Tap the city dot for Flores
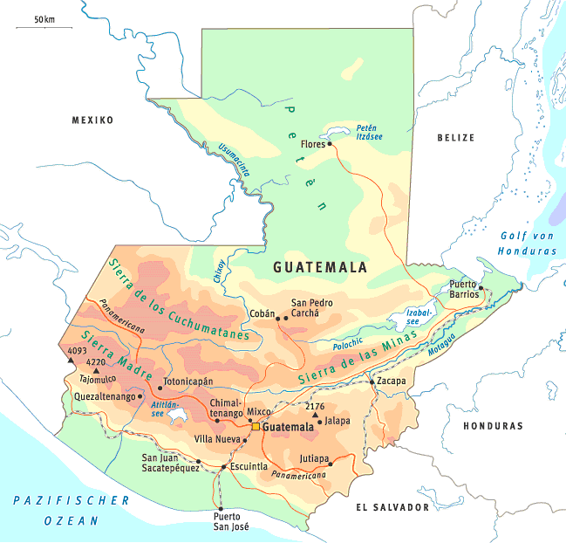(330, 144)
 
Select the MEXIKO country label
(92, 120)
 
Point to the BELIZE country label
(456, 138)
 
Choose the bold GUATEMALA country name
(320, 268)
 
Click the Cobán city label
(263, 312)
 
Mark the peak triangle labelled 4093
(72, 360)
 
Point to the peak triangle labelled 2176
(315, 416)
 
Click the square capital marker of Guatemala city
(256, 428)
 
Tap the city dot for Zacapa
(372, 381)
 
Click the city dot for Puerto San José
(220, 509)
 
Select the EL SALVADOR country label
(392, 507)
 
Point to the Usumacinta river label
(234, 161)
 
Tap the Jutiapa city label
(314, 458)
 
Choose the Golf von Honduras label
(528, 244)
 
